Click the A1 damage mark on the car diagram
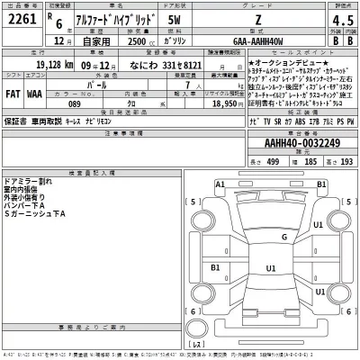pyautogui.click(x=220, y=184)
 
